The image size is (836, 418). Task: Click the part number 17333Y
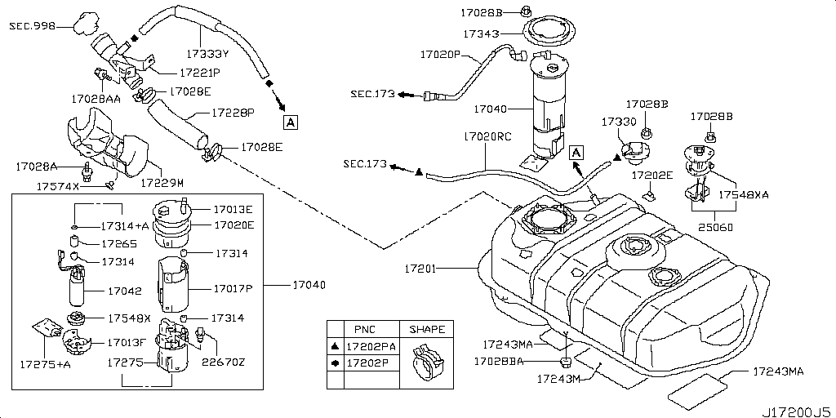(x=207, y=53)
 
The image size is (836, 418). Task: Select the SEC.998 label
(x=32, y=25)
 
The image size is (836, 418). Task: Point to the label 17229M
(x=162, y=183)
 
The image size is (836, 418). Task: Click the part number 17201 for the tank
(x=420, y=269)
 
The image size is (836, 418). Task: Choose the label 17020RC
(x=487, y=136)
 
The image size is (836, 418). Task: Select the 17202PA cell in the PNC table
(x=371, y=346)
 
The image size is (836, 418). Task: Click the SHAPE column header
(x=426, y=330)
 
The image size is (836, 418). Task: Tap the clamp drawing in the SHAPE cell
(x=427, y=362)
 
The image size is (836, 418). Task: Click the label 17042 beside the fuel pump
(x=125, y=291)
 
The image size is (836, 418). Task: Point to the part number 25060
(x=715, y=228)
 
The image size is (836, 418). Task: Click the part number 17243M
(x=558, y=379)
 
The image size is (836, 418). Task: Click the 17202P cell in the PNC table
(x=368, y=363)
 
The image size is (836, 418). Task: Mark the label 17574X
(x=58, y=186)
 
